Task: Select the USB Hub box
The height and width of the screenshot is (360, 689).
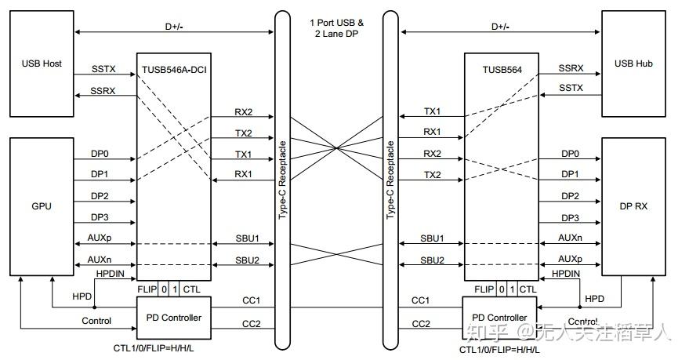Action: pos(633,64)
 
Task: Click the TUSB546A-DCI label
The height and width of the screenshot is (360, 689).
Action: pos(173,69)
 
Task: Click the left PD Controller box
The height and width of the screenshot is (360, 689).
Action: pos(173,317)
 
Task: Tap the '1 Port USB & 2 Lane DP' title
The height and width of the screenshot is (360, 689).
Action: pos(337,30)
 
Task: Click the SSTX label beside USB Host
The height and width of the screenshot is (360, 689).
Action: pos(103,69)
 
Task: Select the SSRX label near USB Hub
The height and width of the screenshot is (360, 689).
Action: pos(571,69)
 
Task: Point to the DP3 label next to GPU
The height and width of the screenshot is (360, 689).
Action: pos(99,217)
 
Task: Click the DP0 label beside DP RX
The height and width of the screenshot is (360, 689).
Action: pos(571,154)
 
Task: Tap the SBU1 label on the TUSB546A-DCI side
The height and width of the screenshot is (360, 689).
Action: pos(248,238)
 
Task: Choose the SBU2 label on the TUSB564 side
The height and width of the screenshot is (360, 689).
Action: pos(432,260)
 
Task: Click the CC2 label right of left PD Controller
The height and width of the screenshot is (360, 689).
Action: pos(251,323)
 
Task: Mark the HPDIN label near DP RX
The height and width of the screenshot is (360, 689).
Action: pos(566,274)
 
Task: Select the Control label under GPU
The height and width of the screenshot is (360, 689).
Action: pos(96,320)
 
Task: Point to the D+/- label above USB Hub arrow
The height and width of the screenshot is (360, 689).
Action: pos(499,26)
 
